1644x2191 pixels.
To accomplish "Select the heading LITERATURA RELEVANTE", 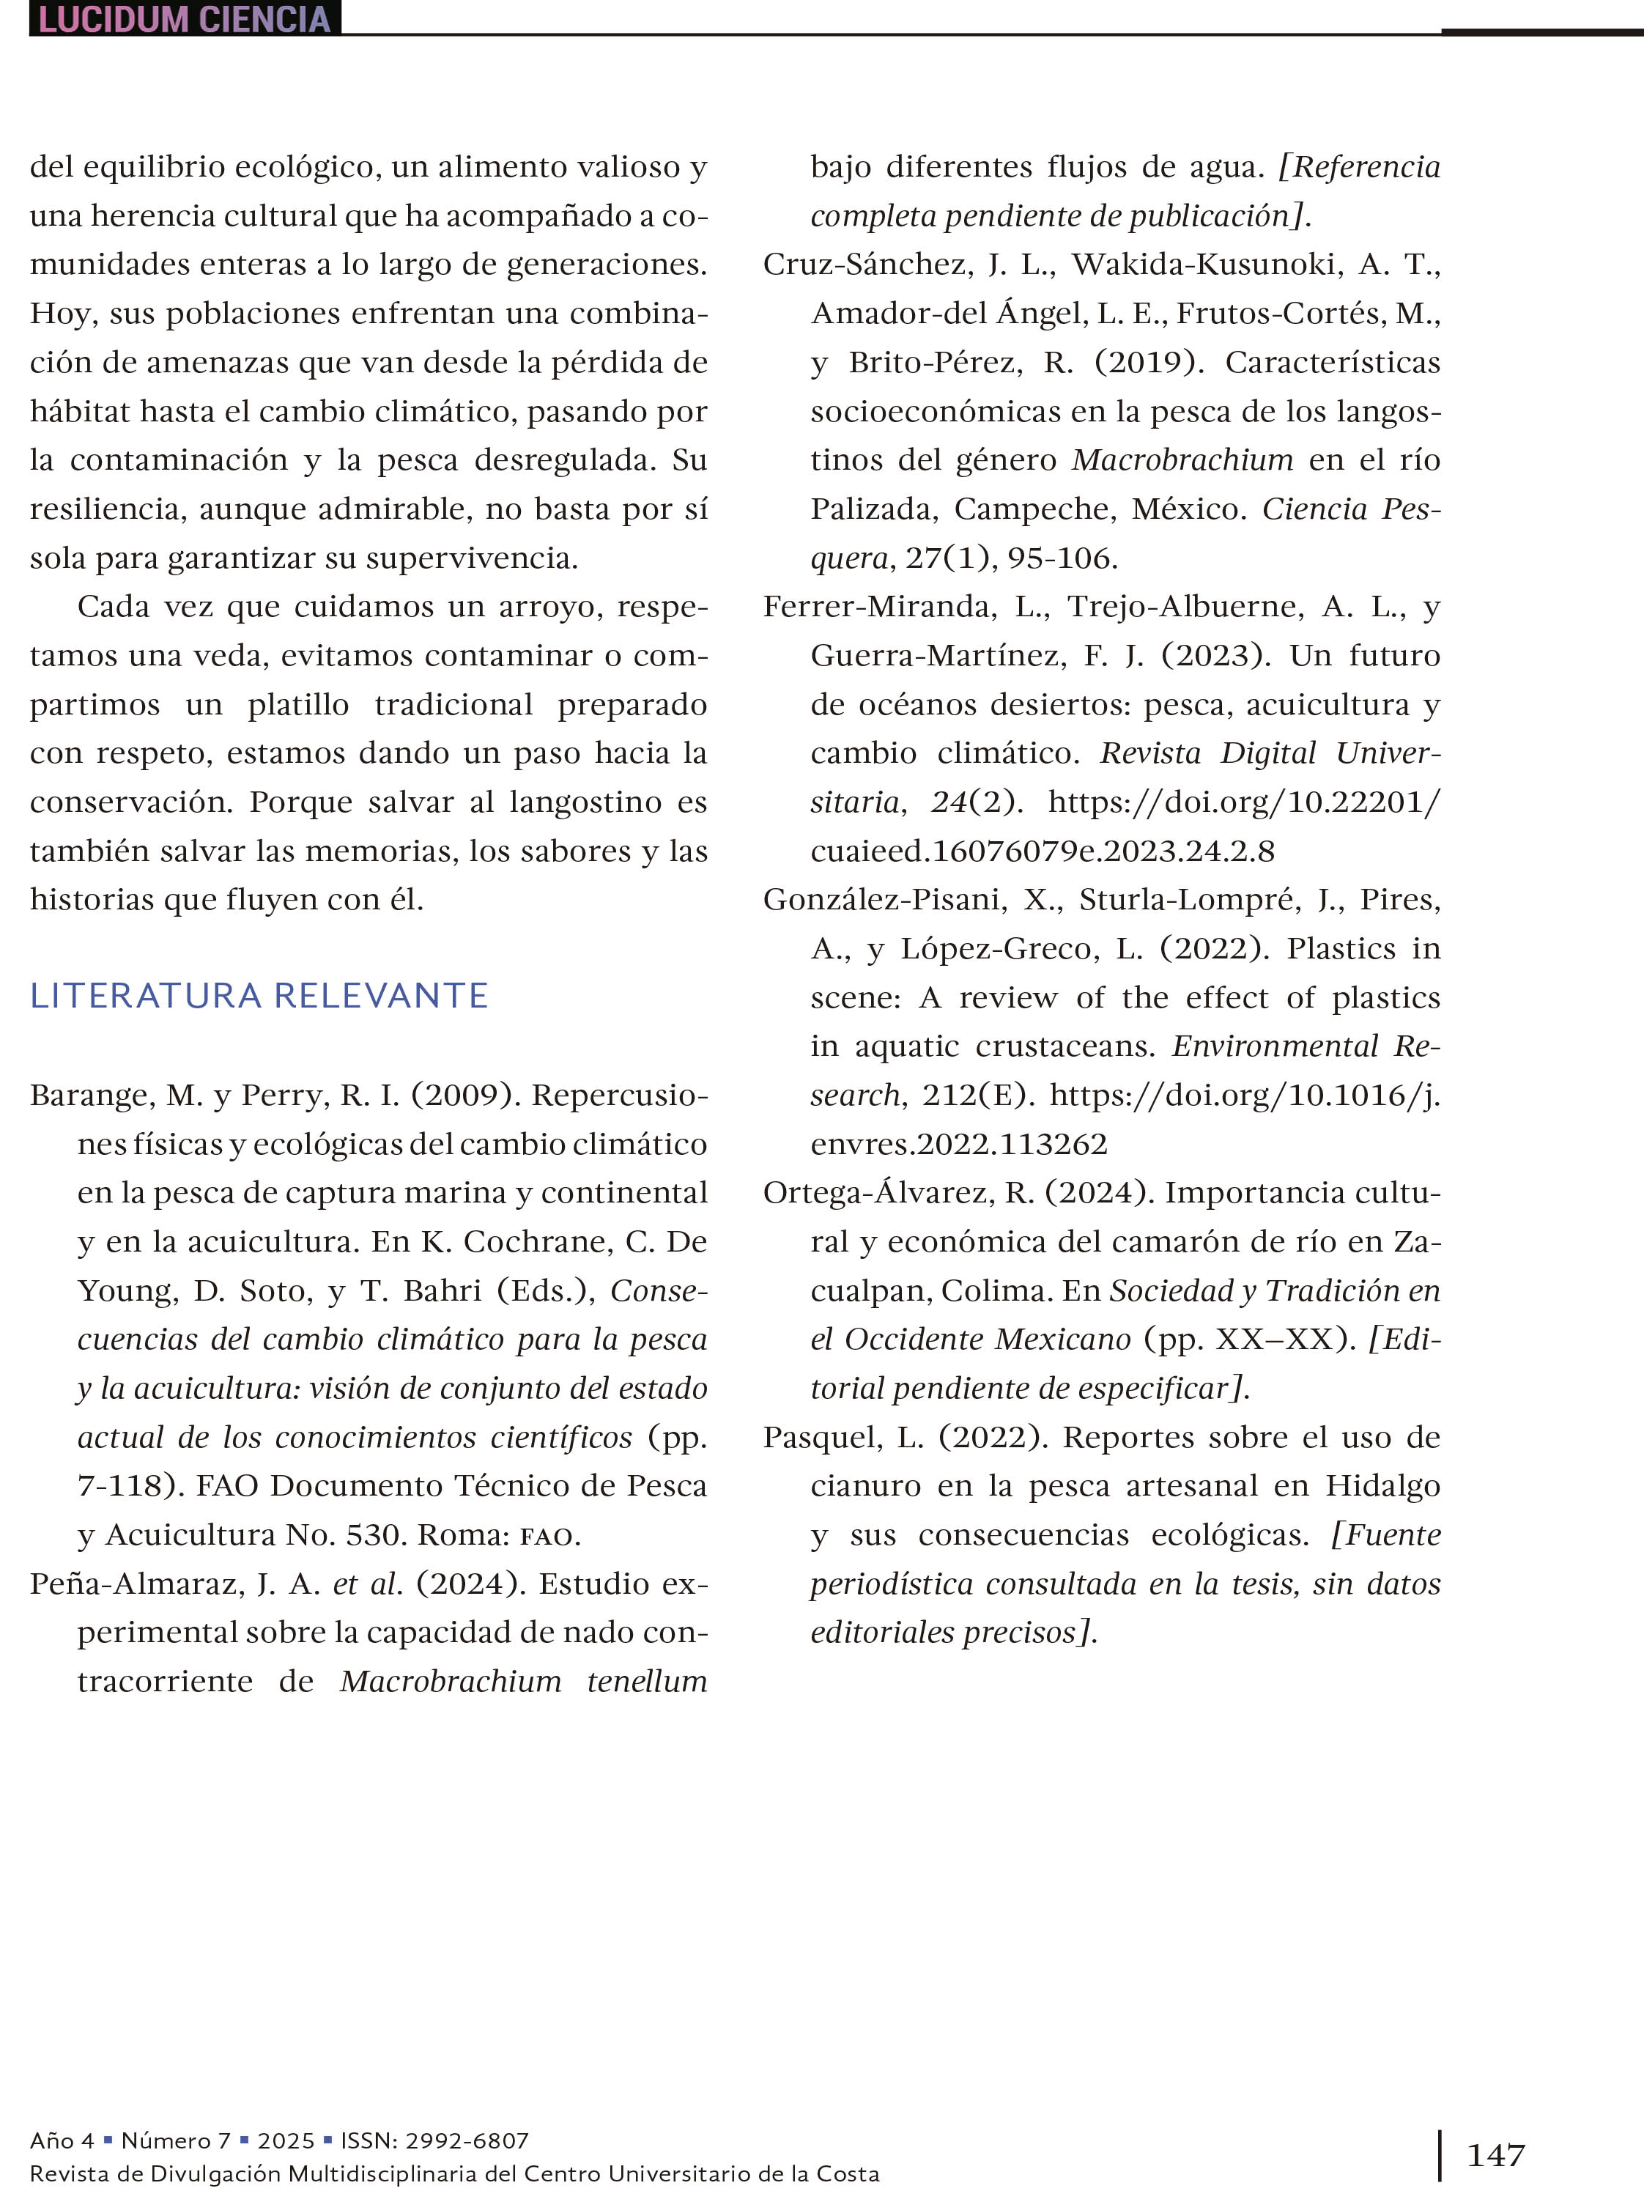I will [259, 995].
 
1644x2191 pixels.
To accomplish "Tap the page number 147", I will [1495, 2155].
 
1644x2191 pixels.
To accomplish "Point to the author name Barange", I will [91, 1095].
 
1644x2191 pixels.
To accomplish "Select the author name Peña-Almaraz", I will [137, 1584].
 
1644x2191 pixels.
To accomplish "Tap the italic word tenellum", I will [647, 1681].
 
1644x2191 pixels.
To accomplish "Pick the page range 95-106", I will [1062, 558].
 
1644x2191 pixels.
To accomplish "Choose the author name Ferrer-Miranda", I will [879, 606].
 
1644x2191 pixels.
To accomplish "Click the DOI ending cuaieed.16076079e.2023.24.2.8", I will [1042, 851].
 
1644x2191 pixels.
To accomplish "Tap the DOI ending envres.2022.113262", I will [959, 1144].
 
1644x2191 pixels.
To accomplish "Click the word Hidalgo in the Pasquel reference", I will [1382, 1486].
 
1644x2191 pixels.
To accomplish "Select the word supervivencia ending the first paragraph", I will [470, 558].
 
